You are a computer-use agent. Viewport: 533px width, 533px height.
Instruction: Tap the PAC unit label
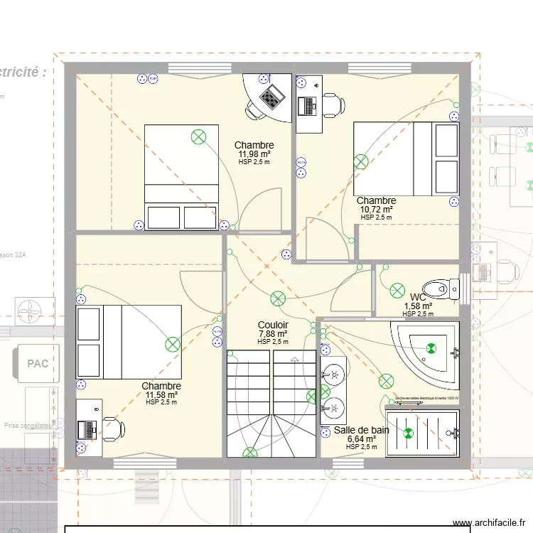[x=38, y=364]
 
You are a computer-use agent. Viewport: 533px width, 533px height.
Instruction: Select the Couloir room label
[x=273, y=325]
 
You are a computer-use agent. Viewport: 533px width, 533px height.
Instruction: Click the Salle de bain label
[x=361, y=430]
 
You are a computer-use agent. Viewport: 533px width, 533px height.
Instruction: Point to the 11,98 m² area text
[x=254, y=154]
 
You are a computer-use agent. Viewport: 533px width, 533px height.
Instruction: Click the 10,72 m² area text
[x=377, y=210]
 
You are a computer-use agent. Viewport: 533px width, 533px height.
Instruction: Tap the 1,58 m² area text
[x=419, y=306]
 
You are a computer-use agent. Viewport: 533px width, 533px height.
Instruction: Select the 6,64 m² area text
[x=362, y=439]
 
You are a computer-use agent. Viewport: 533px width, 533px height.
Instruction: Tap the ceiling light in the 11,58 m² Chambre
[x=173, y=345]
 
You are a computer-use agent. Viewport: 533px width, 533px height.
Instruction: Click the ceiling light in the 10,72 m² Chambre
[x=362, y=162]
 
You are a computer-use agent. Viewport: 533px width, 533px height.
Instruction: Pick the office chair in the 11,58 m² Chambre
[x=113, y=429]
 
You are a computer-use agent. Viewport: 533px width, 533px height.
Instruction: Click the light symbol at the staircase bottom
[x=250, y=452]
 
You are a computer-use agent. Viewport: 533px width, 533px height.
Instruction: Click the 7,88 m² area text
[x=273, y=334]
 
